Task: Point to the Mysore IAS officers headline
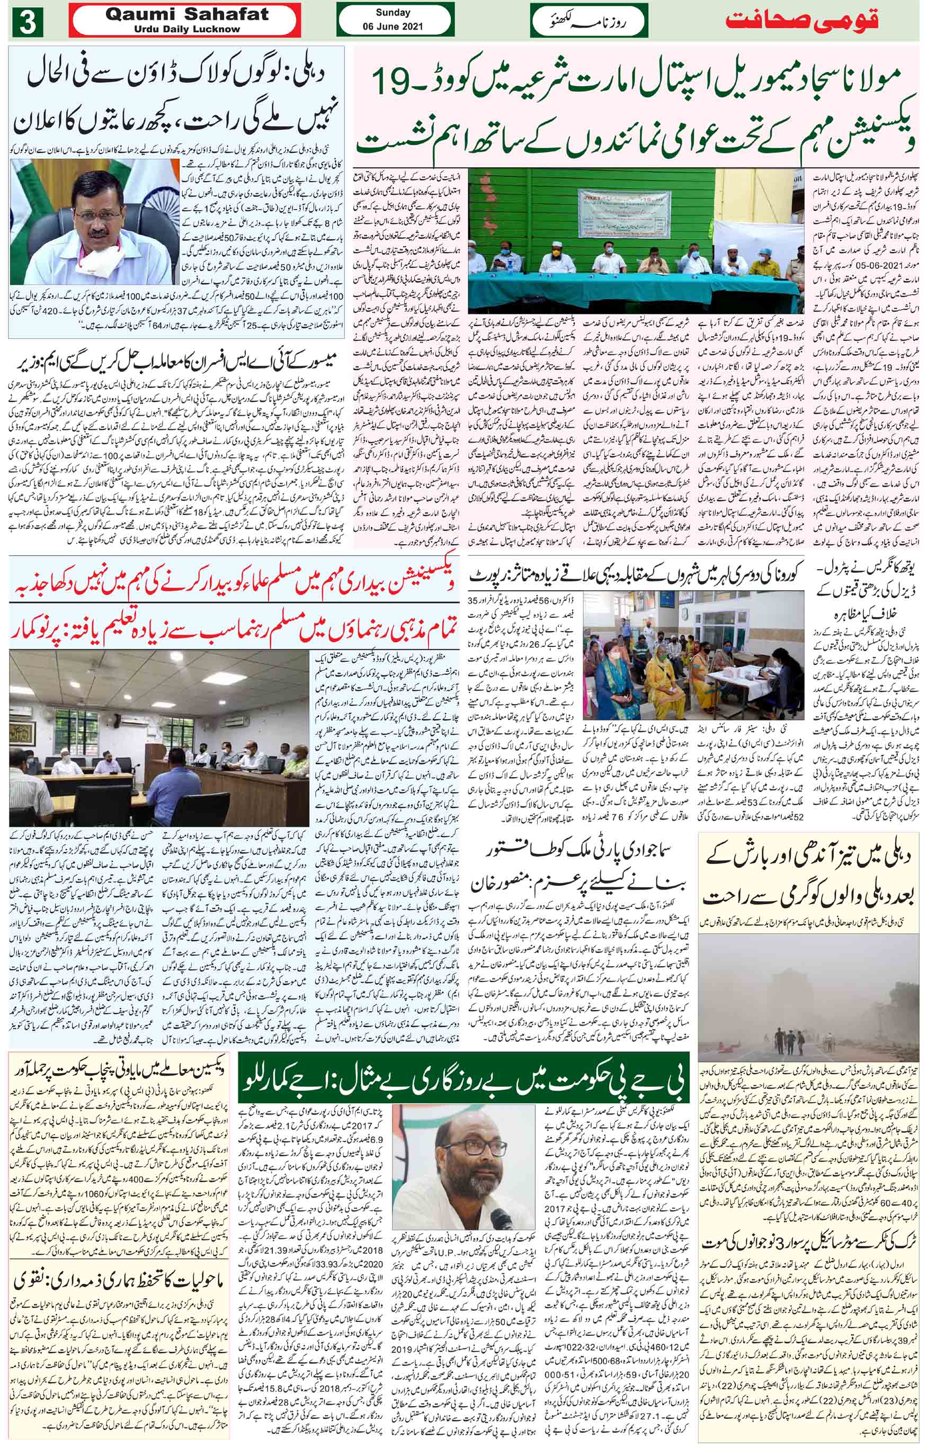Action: [175, 363]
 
